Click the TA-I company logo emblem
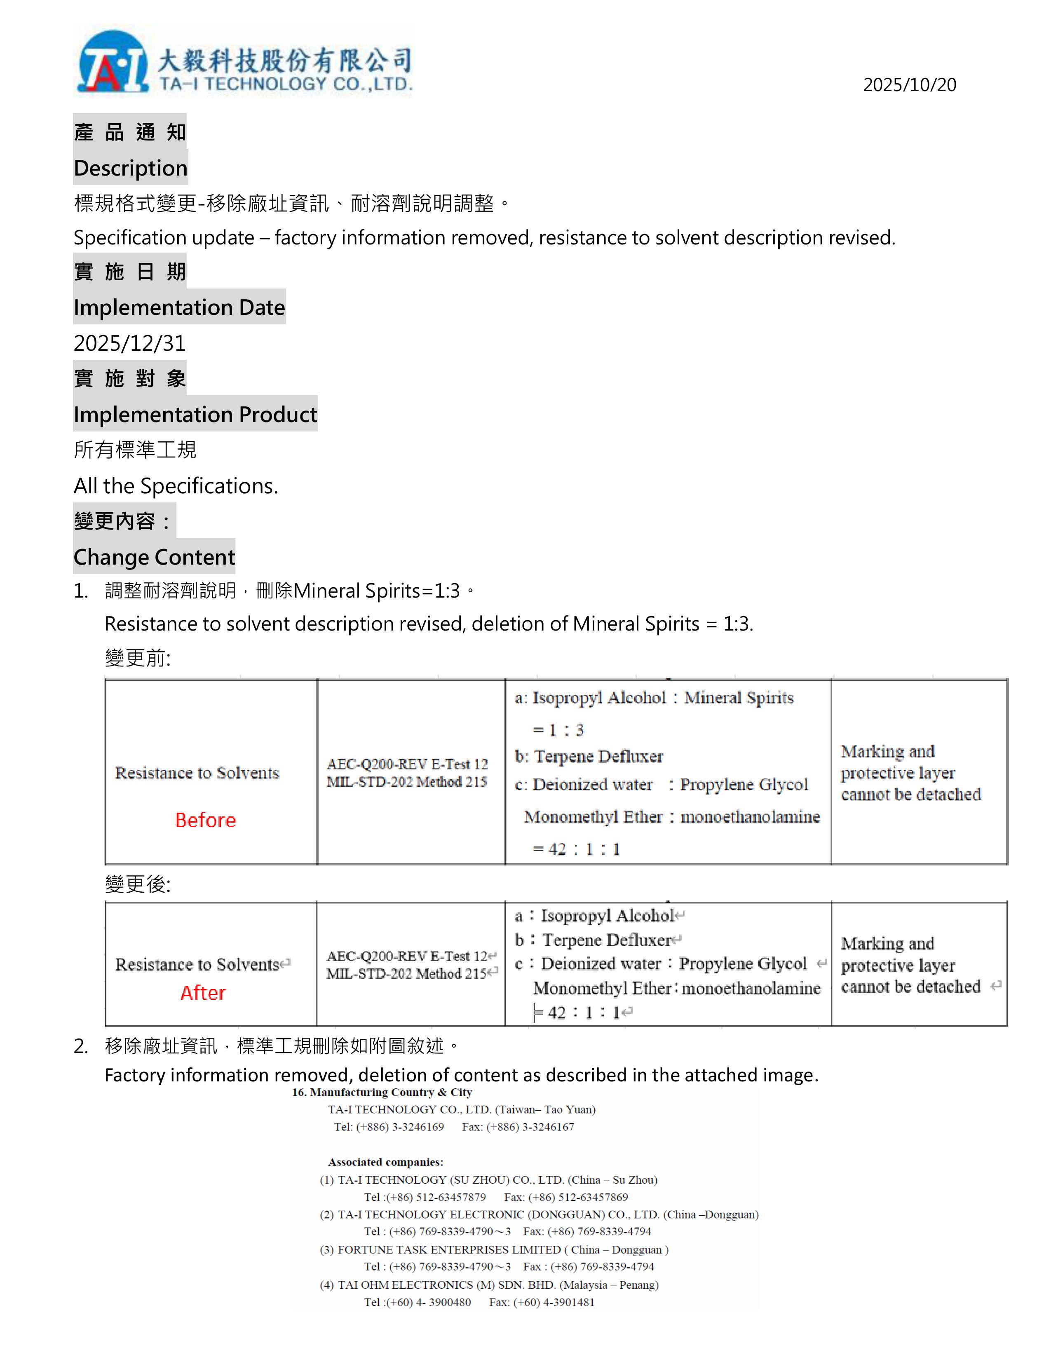coord(112,62)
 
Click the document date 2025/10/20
coord(909,84)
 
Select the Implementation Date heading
coord(179,307)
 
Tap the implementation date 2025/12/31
coord(129,343)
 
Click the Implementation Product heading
coord(195,414)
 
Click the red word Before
coord(206,820)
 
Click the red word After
coord(203,993)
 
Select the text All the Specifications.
coord(176,486)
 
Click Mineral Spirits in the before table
coord(739,698)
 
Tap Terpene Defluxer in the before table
coord(598,757)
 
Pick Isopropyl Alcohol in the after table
coord(608,915)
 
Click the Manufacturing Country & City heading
coord(382,1092)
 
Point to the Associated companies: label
coord(385,1162)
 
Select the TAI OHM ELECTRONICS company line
coord(489,1285)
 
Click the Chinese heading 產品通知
coord(129,132)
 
